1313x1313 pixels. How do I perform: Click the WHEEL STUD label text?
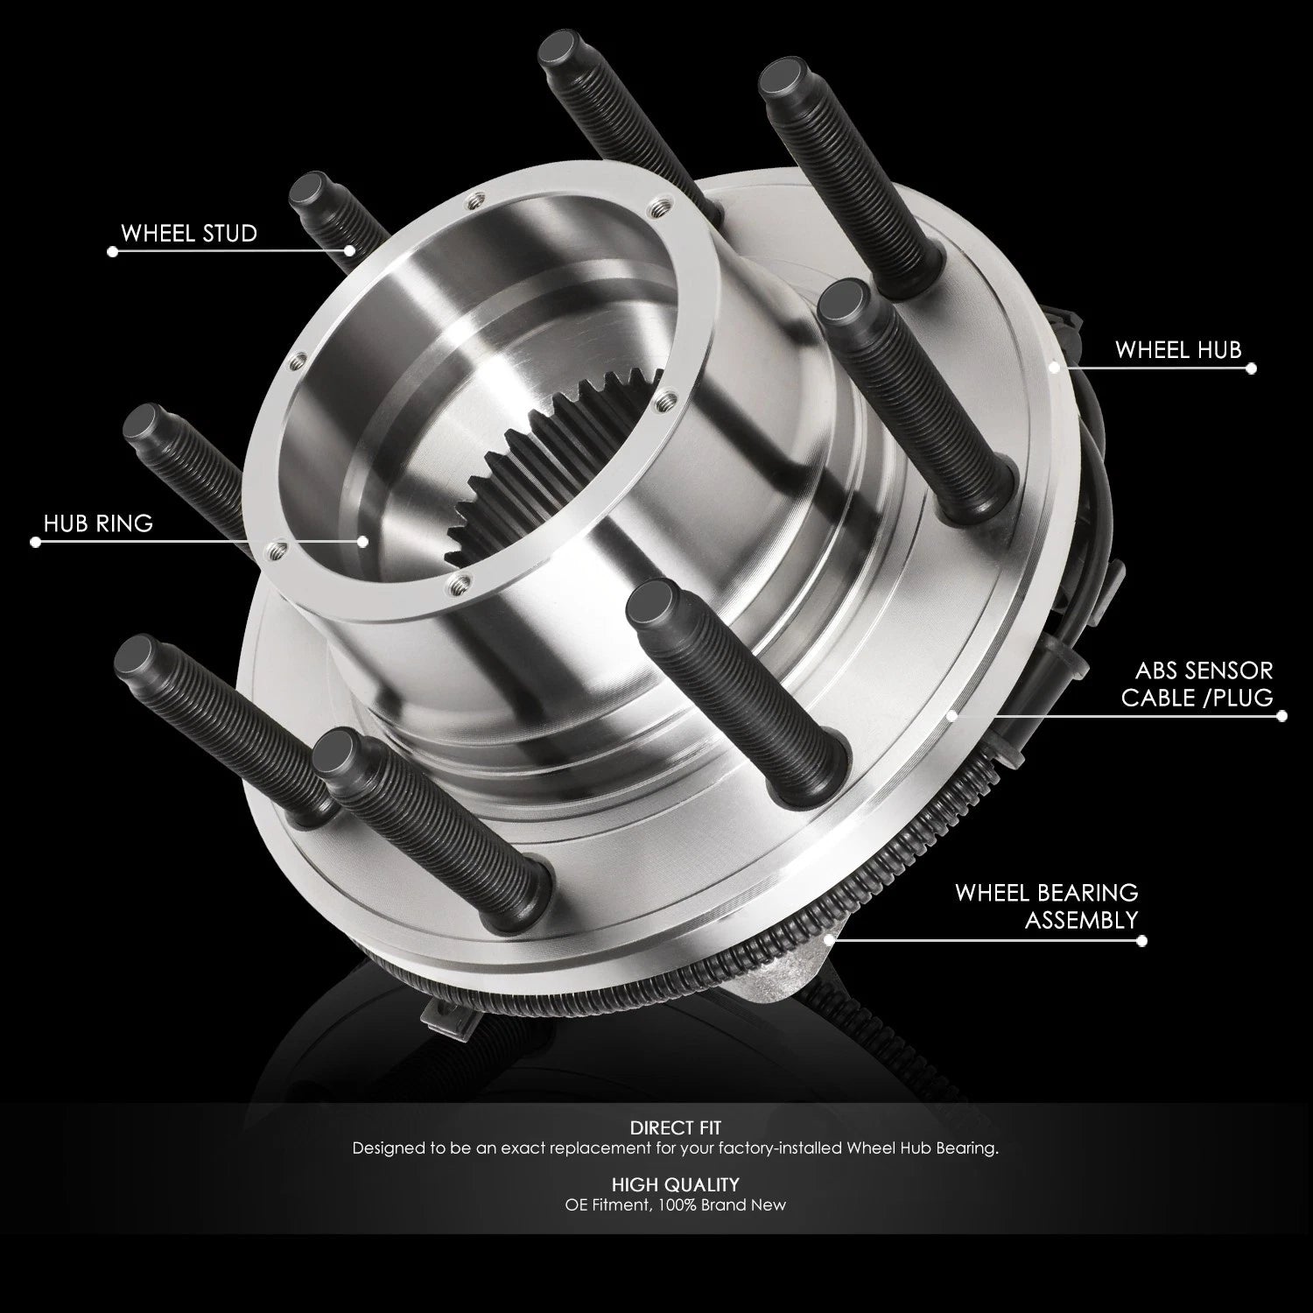click(189, 233)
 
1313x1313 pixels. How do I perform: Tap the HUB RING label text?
click(98, 523)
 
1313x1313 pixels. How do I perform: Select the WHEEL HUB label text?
click(1178, 350)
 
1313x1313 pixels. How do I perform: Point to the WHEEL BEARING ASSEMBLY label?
click(1047, 906)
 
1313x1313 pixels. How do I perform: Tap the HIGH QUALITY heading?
click(675, 1184)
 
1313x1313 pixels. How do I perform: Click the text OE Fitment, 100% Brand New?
click(675, 1204)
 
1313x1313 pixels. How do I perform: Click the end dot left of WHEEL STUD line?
click(112, 251)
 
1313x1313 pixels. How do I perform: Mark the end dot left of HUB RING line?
click(35, 542)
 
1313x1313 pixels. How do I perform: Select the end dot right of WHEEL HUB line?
click(1251, 369)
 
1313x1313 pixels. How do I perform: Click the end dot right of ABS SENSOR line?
click(1282, 715)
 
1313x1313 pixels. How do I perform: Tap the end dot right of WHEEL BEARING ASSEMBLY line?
click(1141, 940)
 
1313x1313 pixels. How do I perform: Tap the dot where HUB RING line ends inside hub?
click(362, 541)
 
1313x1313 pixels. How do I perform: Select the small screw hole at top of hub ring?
click(474, 200)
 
